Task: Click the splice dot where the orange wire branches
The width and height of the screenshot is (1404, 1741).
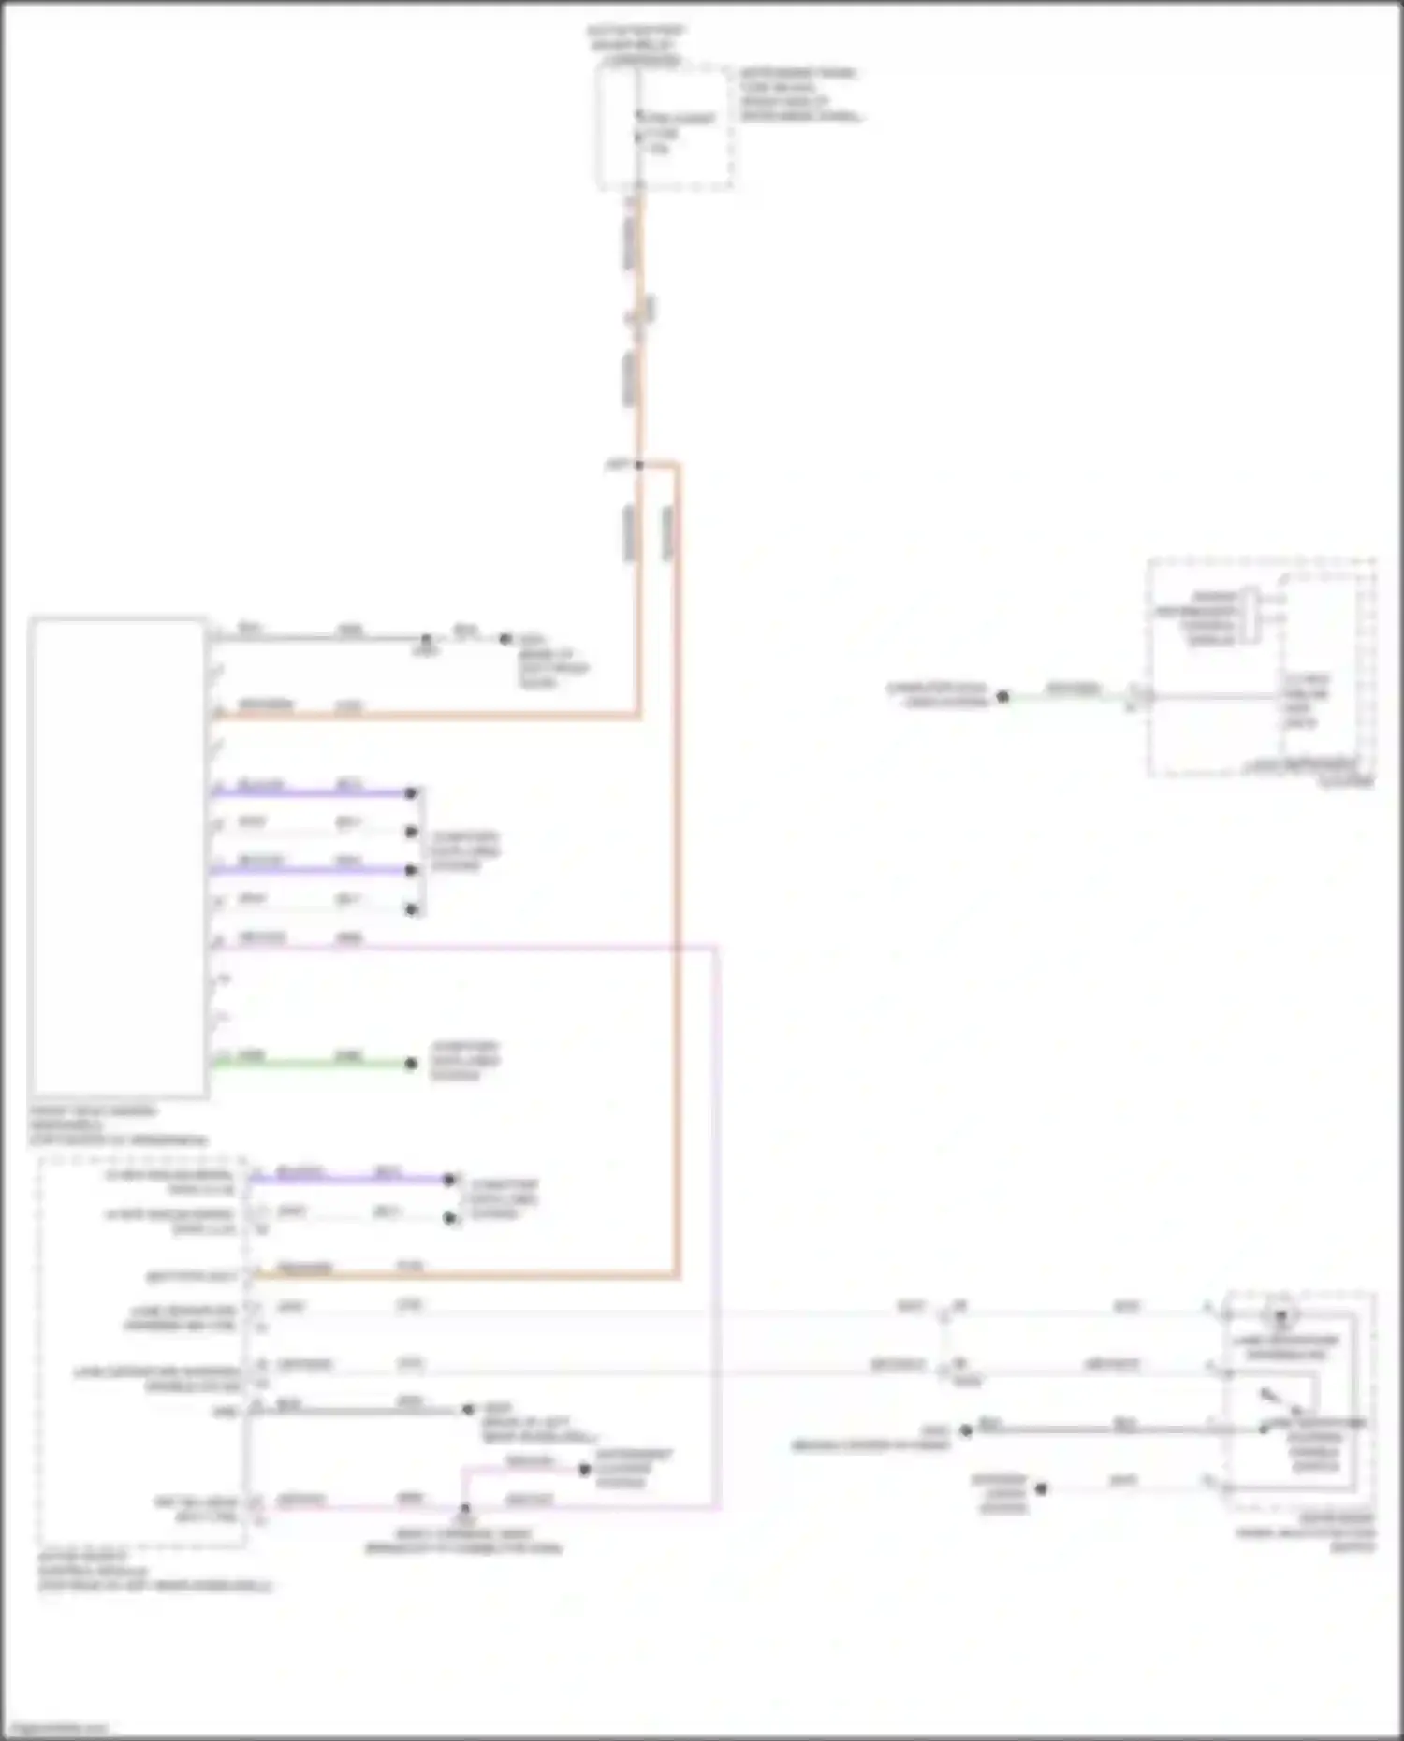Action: (639, 464)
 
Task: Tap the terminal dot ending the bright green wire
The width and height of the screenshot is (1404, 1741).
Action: (410, 1063)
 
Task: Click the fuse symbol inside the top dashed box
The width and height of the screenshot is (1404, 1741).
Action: (639, 131)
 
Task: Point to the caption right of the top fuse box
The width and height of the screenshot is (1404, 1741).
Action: (799, 94)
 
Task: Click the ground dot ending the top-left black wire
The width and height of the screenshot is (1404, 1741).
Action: (505, 639)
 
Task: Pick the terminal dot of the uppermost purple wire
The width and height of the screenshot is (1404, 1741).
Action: (410, 793)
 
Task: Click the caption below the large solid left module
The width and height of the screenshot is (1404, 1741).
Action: (118, 1125)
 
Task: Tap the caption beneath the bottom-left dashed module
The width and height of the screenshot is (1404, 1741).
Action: (154, 1572)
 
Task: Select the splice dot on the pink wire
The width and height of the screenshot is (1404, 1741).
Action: (464, 1507)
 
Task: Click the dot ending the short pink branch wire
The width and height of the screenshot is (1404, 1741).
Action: (584, 1470)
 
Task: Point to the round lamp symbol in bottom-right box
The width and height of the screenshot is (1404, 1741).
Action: (1281, 1315)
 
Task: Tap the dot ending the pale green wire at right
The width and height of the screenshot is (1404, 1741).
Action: (1002, 696)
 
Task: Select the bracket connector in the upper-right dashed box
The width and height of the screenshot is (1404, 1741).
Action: (1249, 616)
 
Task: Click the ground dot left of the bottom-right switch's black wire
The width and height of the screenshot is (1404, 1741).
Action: (966, 1430)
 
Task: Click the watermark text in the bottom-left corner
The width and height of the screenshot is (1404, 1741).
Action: (56, 1728)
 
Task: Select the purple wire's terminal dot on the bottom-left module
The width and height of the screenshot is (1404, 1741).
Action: (449, 1179)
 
